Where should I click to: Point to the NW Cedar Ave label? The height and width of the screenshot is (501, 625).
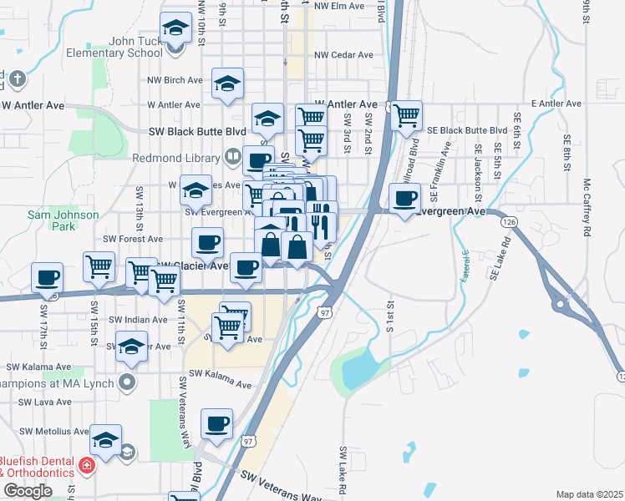[x=343, y=55]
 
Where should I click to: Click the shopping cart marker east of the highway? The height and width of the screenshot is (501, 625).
[x=407, y=117]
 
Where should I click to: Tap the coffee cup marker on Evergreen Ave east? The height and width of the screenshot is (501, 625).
[x=405, y=200]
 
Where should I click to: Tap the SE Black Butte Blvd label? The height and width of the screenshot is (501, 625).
[x=467, y=131]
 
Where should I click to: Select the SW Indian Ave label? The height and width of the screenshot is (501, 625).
[x=134, y=320]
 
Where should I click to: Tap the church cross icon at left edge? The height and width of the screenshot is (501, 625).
[x=17, y=81]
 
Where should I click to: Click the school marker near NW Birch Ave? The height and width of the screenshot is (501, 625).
[x=227, y=83]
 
